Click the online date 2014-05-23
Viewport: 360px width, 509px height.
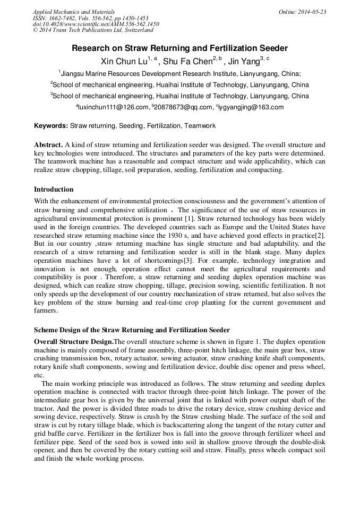312,12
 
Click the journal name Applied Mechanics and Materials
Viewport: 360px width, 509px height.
74,12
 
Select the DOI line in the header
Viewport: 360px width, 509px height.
96,24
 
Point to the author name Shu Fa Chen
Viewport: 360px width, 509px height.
187,62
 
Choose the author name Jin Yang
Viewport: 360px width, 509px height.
243,62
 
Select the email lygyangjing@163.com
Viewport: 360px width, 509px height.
251,107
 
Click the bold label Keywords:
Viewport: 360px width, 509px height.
51,126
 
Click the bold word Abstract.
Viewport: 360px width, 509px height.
48,145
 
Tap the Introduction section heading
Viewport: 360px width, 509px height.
54,189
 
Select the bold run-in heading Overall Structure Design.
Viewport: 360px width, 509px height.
74,341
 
